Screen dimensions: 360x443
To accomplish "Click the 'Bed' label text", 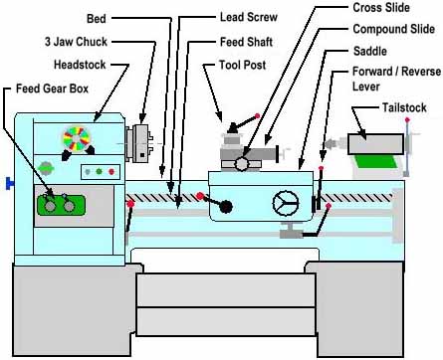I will [97, 19].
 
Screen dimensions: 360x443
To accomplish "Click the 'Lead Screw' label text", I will [248, 18].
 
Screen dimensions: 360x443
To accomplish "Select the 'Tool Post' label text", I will [243, 67].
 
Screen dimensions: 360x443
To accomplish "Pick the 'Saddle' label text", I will [369, 51].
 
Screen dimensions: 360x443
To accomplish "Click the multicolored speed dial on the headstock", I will [75, 139].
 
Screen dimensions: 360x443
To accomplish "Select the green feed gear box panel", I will [61, 205].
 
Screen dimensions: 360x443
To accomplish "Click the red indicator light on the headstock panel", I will [111, 171].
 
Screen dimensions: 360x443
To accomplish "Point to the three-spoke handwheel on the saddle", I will [286, 203].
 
